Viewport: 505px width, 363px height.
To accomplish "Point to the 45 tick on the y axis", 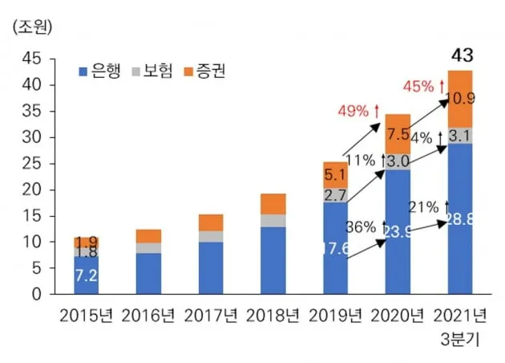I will click(33, 59).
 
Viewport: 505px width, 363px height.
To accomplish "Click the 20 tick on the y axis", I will click(33, 190).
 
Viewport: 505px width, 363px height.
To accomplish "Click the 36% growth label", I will click(362, 226).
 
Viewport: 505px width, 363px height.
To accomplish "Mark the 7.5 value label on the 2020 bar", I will click(397, 134).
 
